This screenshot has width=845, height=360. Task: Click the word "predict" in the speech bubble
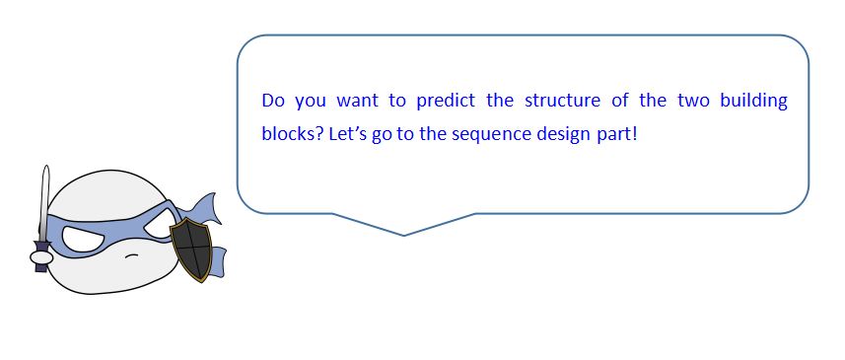[x=446, y=101]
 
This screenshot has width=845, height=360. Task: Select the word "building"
[x=754, y=102]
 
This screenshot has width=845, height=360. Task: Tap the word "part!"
[x=616, y=134]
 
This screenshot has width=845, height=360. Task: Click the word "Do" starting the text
[x=273, y=101]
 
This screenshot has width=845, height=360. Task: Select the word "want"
[x=357, y=102]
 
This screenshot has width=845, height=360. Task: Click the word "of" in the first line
[x=620, y=101]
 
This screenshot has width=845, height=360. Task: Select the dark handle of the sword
[x=41, y=256]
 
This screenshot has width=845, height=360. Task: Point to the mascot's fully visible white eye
[x=85, y=239]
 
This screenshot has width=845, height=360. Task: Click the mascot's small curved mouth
[x=131, y=255]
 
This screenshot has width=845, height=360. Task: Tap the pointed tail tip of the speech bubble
[x=403, y=236]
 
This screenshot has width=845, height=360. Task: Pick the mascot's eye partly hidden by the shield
[x=159, y=227]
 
